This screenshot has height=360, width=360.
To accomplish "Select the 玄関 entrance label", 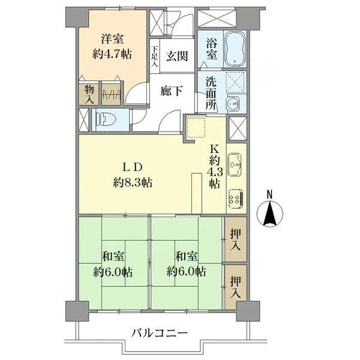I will click(x=177, y=56).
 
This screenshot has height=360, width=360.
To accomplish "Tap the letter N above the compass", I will click(x=269, y=193).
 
